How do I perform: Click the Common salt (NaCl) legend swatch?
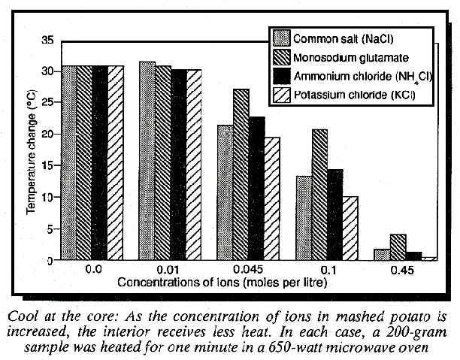(x=282, y=38)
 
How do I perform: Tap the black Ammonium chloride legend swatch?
(x=282, y=76)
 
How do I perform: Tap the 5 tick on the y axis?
(x=50, y=229)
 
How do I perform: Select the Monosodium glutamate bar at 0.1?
(x=320, y=195)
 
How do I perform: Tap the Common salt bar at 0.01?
(x=147, y=161)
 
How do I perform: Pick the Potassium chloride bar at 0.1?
(x=351, y=228)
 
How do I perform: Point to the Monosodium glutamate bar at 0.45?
(x=398, y=247)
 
